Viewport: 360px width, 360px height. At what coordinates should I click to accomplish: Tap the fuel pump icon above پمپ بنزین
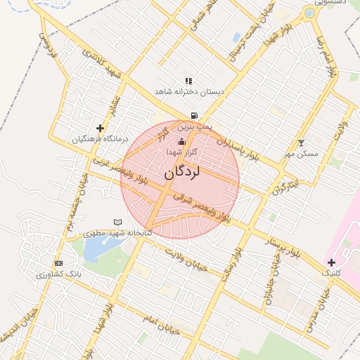(193, 116)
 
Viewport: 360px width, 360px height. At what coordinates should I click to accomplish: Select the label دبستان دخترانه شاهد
(188, 92)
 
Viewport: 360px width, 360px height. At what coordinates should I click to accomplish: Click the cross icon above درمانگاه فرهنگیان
(100, 128)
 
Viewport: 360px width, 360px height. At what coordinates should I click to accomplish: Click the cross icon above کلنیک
(331, 262)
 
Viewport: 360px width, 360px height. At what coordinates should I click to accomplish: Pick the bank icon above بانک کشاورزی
(58, 263)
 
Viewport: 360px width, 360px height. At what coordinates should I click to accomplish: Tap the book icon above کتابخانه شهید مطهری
(117, 222)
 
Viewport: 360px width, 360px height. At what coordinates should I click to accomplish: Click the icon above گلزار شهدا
(181, 141)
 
